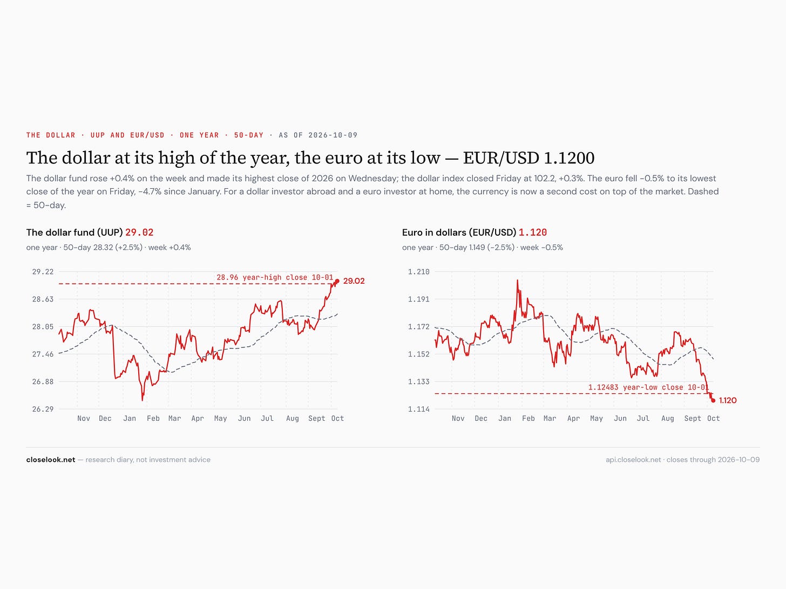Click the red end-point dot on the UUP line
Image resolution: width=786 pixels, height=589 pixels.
pos(337,281)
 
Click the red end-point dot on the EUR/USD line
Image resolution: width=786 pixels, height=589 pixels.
pos(713,401)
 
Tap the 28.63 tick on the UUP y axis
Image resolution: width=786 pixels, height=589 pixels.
pos(43,299)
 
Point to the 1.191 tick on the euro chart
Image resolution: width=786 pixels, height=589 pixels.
pos(418,299)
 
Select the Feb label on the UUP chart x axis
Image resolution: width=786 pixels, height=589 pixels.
pos(153,419)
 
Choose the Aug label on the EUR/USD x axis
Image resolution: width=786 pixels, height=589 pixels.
pos(667,419)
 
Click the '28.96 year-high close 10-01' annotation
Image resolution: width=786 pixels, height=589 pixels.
pos(275,277)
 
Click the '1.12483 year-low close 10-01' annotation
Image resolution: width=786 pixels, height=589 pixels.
pos(648,387)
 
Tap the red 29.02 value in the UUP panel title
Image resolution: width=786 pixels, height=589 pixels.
pos(139,232)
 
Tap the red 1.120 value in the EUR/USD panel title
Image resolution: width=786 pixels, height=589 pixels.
pos(532,232)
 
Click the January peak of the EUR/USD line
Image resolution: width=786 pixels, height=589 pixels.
pos(518,280)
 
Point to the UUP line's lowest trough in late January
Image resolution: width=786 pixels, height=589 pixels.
pos(142,400)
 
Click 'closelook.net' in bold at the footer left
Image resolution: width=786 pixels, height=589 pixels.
pos(51,460)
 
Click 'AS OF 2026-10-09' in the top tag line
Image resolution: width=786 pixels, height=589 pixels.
pos(318,135)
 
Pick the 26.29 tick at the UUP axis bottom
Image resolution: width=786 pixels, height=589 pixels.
pos(43,409)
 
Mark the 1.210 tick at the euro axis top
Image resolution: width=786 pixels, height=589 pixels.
pos(418,271)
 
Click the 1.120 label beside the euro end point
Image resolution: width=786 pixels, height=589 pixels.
pos(728,401)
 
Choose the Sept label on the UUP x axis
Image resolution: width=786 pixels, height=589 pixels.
pos(316,419)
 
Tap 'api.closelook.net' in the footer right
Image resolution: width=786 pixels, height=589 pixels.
pos(633,460)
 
